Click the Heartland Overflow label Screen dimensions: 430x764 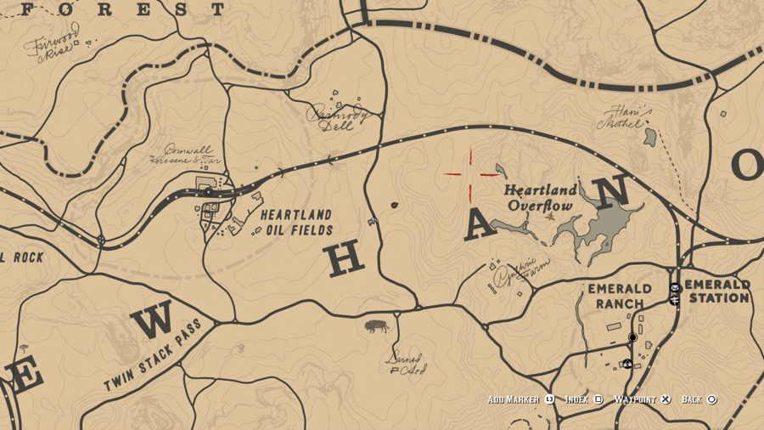coord(540,197)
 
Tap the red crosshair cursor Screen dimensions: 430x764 coord(470,173)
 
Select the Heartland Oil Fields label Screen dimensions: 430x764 coord(295,223)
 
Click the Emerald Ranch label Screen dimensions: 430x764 coord(620,296)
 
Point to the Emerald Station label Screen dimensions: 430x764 coord(717,291)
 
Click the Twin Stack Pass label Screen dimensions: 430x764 coord(153,356)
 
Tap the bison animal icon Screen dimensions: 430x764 coord(376,325)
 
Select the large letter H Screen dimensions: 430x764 coord(345,259)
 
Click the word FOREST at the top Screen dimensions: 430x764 coord(124,10)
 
